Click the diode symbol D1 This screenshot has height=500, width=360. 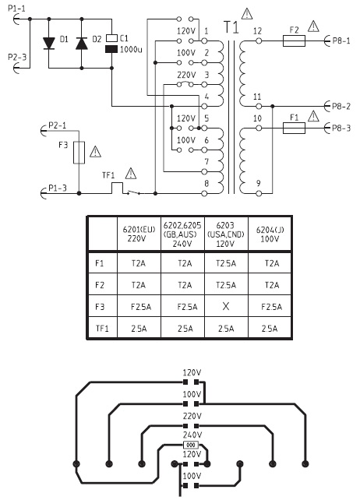click(49, 44)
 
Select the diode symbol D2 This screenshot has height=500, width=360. click(81, 44)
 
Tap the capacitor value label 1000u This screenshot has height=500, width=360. click(131, 49)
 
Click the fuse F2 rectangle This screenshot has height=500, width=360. click(294, 41)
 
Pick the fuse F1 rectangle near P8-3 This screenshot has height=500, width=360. click(294, 129)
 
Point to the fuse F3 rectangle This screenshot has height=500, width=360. click(79, 153)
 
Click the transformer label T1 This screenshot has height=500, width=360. click(231, 27)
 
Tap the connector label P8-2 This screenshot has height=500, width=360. click(341, 107)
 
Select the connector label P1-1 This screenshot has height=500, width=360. click(16, 9)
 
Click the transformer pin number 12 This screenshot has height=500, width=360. click(258, 31)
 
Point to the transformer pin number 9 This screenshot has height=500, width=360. click(259, 183)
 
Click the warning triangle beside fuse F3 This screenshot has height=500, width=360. click(95, 152)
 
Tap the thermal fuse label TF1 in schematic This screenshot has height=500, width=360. click(108, 175)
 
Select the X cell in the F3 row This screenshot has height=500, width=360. click(226, 306)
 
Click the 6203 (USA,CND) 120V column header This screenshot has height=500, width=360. click(226, 234)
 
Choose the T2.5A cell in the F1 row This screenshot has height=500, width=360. click(226, 263)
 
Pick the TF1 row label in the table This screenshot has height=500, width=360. click(102, 328)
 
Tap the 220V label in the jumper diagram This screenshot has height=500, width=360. click(192, 416)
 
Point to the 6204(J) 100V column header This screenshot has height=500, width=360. click(270, 234)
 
